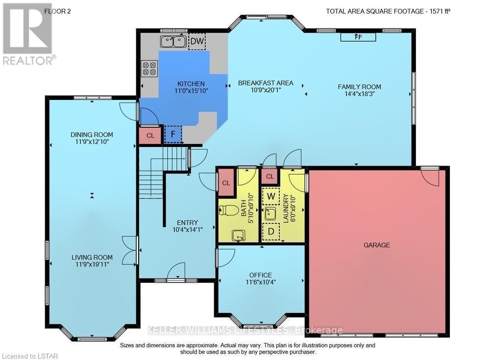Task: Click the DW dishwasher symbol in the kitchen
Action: (x=197, y=41)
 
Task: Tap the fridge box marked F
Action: (x=172, y=134)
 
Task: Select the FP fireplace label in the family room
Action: (x=358, y=37)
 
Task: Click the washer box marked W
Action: (x=270, y=197)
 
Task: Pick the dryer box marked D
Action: (x=270, y=232)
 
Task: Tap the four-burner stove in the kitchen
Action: (x=149, y=69)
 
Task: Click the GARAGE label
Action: (x=376, y=245)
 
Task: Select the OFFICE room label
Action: (x=260, y=275)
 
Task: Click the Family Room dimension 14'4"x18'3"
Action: (x=359, y=95)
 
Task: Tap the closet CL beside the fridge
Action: (x=150, y=136)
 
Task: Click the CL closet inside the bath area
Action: (x=226, y=183)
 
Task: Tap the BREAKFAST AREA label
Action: (x=266, y=83)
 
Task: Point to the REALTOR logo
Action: (x=27, y=34)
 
